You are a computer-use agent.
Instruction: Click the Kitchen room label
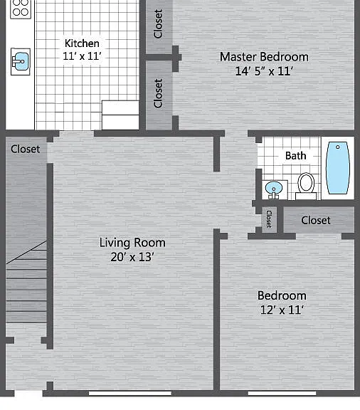click(x=82, y=43)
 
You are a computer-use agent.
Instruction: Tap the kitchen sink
click(x=21, y=62)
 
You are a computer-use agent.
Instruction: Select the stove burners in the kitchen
click(x=21, y=8)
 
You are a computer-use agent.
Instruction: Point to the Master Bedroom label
click(x=264, y=57)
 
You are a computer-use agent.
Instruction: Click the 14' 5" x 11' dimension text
click(x=264, y=71)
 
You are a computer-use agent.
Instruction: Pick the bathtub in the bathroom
click(x=338, y=167)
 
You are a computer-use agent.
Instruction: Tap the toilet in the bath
click(x=306, y=186)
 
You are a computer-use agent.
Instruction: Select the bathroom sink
click(x=274, y=189)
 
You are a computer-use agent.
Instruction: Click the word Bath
click(x=296, y=156)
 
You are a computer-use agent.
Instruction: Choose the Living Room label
click(x=132, y=243)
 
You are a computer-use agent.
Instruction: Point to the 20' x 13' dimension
click(x=132, y=257)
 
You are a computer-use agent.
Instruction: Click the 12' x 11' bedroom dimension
click(x=282, y=310)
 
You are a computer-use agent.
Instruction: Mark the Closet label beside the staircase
click(x=26, y=149)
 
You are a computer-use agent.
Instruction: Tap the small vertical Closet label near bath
click(x=269, y=219)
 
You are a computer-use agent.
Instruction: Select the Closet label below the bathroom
click(x=316, y=220)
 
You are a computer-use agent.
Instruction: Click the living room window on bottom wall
click(x=130, y=393)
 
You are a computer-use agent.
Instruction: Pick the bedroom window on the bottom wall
click(x=282, y=393)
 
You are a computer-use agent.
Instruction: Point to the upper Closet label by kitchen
click(x=158, y=23)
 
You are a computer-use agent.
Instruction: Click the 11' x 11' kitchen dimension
click(x=82, y=56)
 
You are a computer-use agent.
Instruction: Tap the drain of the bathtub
click(x=338, y=147)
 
